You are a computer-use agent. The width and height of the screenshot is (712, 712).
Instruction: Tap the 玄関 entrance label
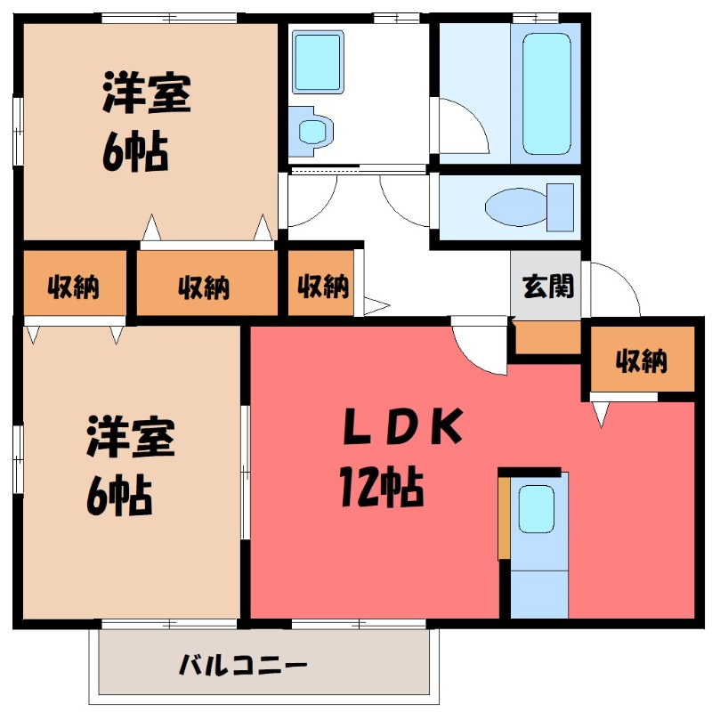pos(547,287)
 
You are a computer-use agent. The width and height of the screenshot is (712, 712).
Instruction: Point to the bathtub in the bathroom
pos(546,93)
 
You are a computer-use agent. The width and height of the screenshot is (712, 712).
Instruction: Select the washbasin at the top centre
pos(318,62)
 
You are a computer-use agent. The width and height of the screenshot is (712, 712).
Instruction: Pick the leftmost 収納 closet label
pos(73,287)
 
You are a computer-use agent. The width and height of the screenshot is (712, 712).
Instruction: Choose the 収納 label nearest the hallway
pos(322,287)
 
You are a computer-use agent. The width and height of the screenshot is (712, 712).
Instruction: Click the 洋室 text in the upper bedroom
pos(145,98)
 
